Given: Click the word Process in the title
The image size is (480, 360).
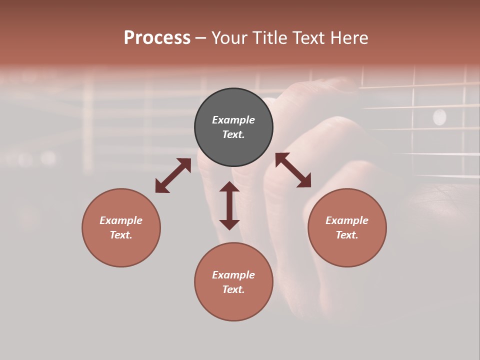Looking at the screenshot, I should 157,38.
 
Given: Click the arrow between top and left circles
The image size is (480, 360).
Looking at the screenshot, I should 173,175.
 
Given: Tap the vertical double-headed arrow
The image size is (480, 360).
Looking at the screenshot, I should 229,205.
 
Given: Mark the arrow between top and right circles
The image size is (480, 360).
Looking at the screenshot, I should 293,170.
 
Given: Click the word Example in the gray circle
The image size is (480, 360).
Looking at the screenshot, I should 233,120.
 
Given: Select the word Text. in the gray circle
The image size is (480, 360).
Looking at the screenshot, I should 233,134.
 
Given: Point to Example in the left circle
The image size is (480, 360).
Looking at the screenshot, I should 121,220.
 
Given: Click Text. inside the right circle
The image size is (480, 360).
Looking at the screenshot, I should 347,235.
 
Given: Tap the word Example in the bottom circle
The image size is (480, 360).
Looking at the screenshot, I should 233,275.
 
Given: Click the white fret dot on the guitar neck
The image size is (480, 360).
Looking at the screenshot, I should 439,117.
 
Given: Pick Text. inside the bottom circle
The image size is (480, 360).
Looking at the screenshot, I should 233,289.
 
